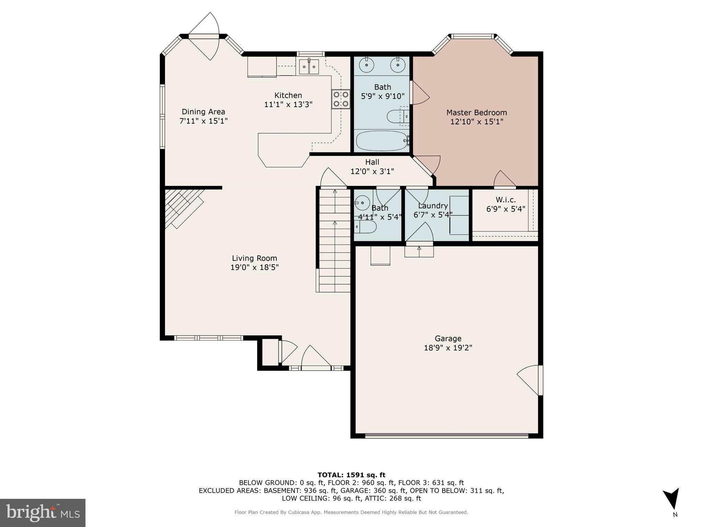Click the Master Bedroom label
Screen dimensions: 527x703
[476, 113]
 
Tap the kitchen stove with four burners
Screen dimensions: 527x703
[341, 99]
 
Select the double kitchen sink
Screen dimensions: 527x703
[309, 67]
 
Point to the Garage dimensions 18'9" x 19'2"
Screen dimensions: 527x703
[448, 348]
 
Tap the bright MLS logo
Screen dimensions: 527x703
[43, 513]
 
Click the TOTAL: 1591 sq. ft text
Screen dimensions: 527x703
[351, 475]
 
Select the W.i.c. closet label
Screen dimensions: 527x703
[506, 200]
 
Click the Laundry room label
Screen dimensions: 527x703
[433, 206]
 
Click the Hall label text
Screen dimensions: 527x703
[372, 162]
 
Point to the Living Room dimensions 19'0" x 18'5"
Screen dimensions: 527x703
[254, 267]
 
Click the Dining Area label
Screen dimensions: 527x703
[203, 112]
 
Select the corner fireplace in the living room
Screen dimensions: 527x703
[182, 208]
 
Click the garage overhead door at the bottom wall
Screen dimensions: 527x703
[446, 436]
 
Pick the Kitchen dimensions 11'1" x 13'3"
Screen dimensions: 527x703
[288, 104]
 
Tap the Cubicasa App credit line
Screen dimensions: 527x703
[351, 512]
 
